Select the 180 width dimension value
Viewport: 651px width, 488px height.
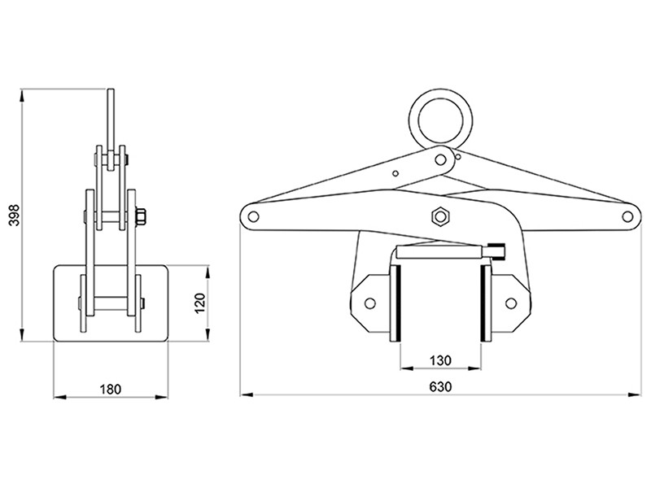[x=110, y=390]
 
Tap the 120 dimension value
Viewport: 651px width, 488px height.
[x=200, y=303]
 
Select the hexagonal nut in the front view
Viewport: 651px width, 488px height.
[x=440, y=216]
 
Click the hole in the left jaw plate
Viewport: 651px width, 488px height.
[x=369, y=303]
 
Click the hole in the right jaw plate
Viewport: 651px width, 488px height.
[x=512, y=303]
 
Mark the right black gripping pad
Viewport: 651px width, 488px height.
[x=484, y=303]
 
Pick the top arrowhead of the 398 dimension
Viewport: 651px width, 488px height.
[x=24, y=90]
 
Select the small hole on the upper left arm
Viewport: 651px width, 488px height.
[x=395, y=172]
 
